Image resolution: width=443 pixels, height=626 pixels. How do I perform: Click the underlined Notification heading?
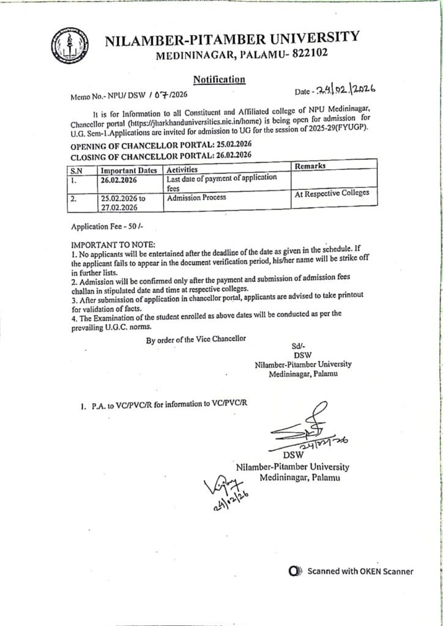[x=220, y=79]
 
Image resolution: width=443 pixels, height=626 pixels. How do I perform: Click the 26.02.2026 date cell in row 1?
[x=120, y=180]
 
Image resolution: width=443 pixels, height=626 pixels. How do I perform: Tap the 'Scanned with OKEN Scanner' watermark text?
[x=360, y=572]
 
